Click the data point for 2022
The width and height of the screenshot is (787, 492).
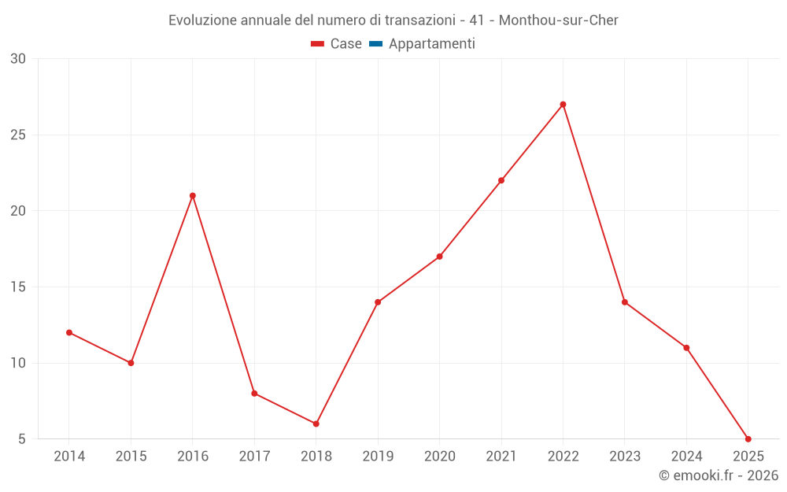pyautogui.click(x=563, y=105)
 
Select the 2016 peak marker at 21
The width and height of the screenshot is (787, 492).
pyautogui.click(x=193, y=196)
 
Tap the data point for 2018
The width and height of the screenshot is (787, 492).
pyautogui.click(x=316, y=424)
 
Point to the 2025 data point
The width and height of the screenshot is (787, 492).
pyautogui.click(x=748, y=438)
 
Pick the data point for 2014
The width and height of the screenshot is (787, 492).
pyautogui.click(x=69, y=332)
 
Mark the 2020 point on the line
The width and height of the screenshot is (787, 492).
pyautogui.click(x=439, y=257)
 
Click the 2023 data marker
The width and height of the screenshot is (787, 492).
pyautogui.click(x=625, y=302)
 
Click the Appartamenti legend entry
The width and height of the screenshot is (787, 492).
pyautogui.click(x=431, y=44)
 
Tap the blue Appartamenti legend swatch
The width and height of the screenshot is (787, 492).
pyautogui.click(x=375, y=44)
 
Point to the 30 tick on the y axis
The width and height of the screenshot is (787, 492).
pyautogui.click(x=18, y=59)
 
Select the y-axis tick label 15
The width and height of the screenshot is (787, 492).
pyautogui.click(x=18, y=287)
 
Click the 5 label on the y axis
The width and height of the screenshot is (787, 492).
pyautogui.click(x=21, y=438)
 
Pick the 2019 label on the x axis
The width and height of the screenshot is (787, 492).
pyautogui.click(x=378, y=457)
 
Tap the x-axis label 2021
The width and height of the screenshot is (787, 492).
pyautogui.click(x=501, y=457)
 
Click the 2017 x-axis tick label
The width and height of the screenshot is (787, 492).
pyautogui.click(x=254, y=457)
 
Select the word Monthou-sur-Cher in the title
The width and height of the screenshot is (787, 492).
pyautogui.click(x=559, y=20)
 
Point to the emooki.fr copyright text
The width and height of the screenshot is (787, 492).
pyautogui.click(x=719, y=475)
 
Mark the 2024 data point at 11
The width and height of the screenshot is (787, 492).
pyautogui.click(x=686, y=348)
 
